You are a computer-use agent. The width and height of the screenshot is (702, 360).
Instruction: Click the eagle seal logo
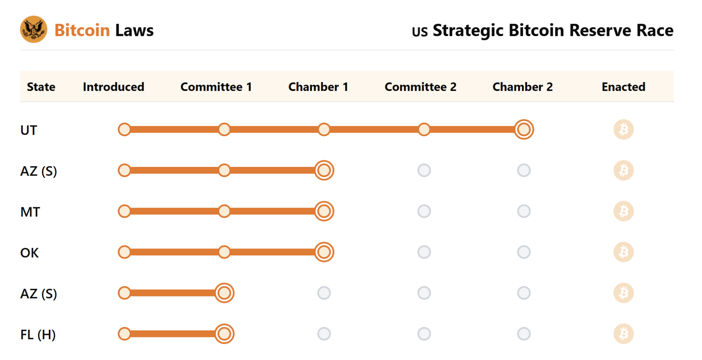pos(33,30)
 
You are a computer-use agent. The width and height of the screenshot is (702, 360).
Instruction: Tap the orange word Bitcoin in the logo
pos(82,30)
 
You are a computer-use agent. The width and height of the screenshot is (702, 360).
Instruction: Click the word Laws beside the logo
pos(134,30)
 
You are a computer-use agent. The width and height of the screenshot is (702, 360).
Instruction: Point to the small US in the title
pos(420,32)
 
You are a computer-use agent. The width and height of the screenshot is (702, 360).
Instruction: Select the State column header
pos(41,87)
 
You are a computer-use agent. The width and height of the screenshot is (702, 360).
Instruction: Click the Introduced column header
pos(113,87)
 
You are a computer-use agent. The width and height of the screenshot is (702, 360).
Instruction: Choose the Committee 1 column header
pos(216,87)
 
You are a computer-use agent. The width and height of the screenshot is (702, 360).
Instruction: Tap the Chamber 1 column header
pos(318,87)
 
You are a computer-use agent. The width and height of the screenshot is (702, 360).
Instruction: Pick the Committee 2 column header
pos(420,87)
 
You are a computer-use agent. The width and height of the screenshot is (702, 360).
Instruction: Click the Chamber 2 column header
pos(522,87)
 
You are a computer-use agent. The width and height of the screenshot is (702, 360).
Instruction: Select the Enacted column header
pos(623,87)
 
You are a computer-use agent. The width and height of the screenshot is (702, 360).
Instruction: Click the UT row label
pos(28,130)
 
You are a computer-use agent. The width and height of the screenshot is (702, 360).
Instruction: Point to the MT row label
pos(30,212)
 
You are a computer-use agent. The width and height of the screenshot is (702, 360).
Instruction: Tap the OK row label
pos(30,253)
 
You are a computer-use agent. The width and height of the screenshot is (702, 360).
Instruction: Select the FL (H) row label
pos(38,334)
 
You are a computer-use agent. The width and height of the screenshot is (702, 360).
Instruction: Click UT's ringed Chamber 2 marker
pos(524,129)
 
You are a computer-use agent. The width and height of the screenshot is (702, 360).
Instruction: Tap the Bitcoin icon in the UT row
pos(623,129)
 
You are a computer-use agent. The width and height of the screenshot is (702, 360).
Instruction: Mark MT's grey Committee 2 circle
pos(424,211)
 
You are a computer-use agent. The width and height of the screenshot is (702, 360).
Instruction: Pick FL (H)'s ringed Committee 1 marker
pos(224,334)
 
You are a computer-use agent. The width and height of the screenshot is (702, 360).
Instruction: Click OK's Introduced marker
pos(124,252)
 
